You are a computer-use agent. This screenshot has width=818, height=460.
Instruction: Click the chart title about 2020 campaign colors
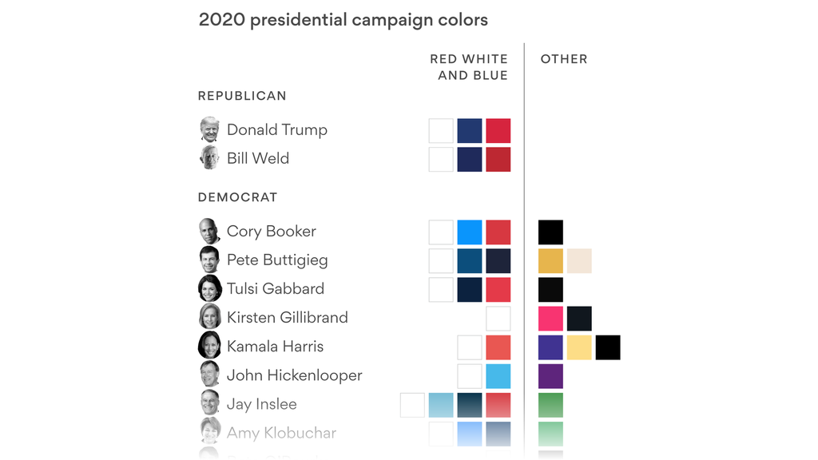343,20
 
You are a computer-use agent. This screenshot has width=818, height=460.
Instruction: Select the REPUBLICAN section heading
242,96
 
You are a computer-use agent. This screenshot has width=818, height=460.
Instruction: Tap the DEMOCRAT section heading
237,197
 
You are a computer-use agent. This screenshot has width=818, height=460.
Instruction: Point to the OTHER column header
564,59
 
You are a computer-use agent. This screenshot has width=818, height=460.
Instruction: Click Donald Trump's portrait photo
209,129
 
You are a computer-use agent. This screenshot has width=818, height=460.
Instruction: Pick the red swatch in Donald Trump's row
498,130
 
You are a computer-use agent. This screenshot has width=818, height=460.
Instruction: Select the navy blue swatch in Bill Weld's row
470,159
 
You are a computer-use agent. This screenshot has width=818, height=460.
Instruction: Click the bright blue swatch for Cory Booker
470,232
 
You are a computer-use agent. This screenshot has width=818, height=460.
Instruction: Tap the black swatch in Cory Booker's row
550,232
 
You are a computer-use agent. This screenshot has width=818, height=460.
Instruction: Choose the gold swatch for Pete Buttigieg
550,260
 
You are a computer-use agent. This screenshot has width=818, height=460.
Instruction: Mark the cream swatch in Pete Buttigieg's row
579,260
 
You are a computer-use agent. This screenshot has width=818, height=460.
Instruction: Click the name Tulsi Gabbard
276,289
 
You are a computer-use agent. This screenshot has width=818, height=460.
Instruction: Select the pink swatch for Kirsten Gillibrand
550,318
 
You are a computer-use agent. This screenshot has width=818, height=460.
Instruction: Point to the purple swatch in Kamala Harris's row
550,347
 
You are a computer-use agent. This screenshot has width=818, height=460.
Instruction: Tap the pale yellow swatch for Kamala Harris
579,347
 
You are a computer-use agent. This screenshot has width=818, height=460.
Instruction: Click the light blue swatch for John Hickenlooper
498,375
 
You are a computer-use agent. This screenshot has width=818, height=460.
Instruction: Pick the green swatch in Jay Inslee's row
550,404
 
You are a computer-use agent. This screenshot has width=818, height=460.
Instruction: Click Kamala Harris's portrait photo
209,346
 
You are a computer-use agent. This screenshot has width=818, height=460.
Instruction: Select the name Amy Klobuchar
281,433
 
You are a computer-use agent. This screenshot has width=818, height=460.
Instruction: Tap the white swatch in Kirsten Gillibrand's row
498,318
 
